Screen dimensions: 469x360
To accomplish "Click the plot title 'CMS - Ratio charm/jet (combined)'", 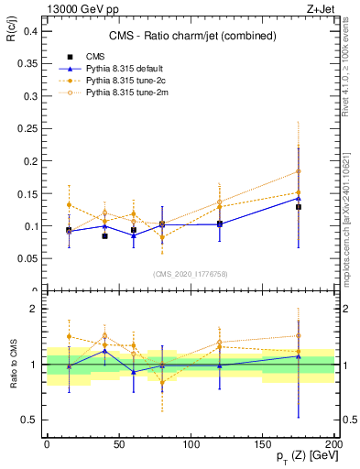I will (x=190, y=37).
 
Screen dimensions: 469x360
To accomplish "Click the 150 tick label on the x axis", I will (x=263, y=442).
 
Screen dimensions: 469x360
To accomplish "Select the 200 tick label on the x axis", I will (x=334, y=442).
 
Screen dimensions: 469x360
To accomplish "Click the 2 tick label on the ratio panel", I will (x=33, y=309).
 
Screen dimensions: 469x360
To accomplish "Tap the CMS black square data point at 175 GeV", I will (x=299, y=207).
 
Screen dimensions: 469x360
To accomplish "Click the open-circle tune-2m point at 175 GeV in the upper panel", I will (x=299, y=171).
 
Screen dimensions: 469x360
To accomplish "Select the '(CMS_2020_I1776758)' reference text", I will (x=190, y=273).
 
